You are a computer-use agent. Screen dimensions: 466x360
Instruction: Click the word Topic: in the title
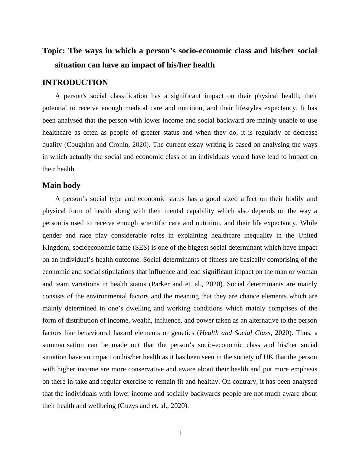point(54,51)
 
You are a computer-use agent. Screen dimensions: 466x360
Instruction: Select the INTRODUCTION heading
point(75,83)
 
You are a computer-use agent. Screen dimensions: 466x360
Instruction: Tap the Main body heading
point(61,185)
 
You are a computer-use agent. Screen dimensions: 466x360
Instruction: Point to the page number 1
point(180,433)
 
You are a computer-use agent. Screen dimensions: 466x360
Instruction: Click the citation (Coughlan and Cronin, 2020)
point(107,145)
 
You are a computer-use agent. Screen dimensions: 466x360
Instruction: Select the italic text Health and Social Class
point(235,333)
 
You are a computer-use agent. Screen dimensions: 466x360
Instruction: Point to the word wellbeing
point(101,406)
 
